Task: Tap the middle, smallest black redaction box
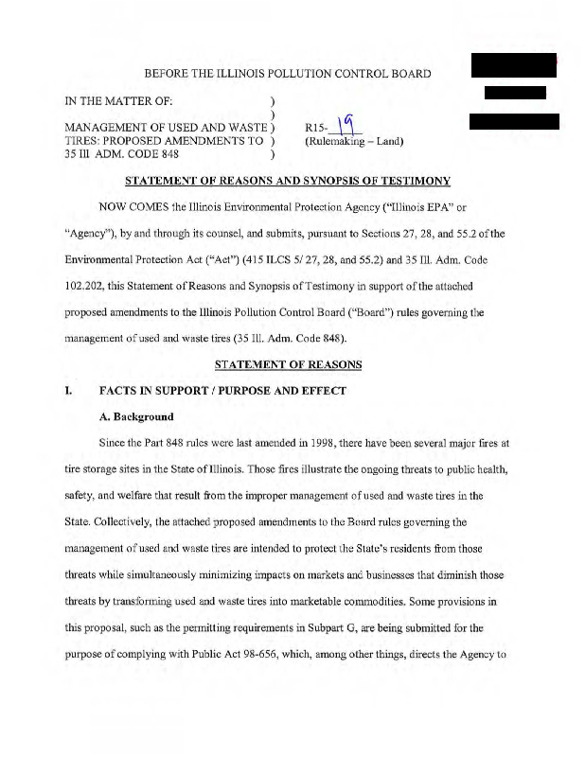pyautogui.click(x=515, y=92)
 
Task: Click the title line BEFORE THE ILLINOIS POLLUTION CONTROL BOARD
pyautogui.click(x=288, y=73)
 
